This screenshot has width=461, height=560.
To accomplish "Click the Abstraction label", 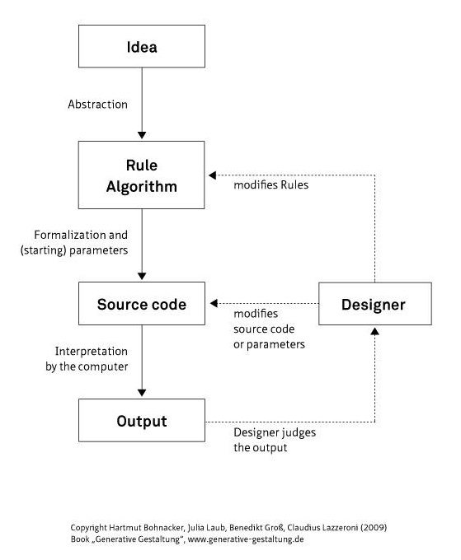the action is [x=97, y=105].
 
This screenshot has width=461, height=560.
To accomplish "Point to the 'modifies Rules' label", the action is [x=270, y=184].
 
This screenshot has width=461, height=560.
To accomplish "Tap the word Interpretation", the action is [x=92, y=351].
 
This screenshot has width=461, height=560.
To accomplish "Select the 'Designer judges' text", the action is [x=275, y=432].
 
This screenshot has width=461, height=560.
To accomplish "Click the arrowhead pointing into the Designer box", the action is [x=374, y=331].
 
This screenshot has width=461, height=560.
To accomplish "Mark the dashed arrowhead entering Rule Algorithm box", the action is [x=213, y=175].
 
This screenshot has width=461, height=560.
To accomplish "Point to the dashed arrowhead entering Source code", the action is [x=214, y=303].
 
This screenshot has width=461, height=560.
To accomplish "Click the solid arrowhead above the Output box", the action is [x=142, y=393].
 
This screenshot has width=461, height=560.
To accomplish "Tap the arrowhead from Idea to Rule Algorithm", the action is [x=142, y=135].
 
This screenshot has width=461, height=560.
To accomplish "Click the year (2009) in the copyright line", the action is [x=374, y=528].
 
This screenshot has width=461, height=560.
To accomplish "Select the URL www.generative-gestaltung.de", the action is [x=246, y=539].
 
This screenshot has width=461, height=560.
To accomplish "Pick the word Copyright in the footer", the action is [x=89, y=528].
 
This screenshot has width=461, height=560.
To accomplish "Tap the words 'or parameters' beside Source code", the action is [x=269, y=344].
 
